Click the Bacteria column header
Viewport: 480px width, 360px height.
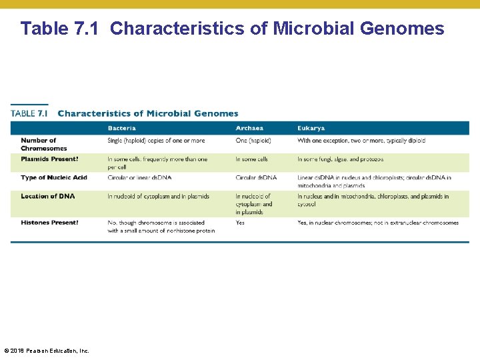pyautogui.click(x=121, y=128)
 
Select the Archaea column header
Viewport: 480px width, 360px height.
pyautogui.click(x=249, y=128)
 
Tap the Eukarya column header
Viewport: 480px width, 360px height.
pyautogui.click(x=311, y=128)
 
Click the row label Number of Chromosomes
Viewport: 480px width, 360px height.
pyautogui.click(x=43, y=144)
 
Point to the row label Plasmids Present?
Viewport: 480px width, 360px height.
pyautogui.click(x=49, y=159)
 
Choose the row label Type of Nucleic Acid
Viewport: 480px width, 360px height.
pyautogui.click(x=53, y=177)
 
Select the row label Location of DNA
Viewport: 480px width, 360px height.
pyautogui.click(x=47, y=196)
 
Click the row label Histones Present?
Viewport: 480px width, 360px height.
pyautogui.click(x=49, y=223)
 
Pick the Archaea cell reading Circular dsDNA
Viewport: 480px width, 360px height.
pyautogui.click(x=256, y=177)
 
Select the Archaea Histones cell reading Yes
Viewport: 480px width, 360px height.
pyautogui.click(x=240, y=223)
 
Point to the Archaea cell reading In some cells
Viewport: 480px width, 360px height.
pyautogui.click(x=252, y=159)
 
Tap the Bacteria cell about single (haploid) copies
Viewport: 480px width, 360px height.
pyautogui.click(x=156, y=141)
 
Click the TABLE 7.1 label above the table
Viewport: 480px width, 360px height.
pyautogui.click(x=29, y=113)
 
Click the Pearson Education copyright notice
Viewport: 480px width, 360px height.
pyautogui.click(x=46, y=351)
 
